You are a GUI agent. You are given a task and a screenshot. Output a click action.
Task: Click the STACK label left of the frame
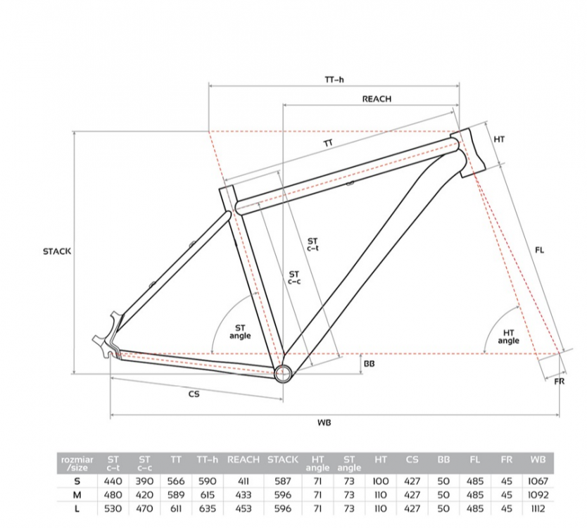(57, 251)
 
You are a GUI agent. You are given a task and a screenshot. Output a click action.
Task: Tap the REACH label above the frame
(377, 99)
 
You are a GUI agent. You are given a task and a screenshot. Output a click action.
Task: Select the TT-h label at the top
(334, 80)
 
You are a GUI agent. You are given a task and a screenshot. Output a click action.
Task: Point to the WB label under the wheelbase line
(324, 422)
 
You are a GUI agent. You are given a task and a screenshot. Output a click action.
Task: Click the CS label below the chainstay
(194, 394)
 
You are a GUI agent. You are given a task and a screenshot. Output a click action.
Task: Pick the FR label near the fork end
(560, 381)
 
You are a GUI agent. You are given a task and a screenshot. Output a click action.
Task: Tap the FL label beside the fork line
(539, 250)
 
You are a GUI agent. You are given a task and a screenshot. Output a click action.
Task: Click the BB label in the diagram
(369, 363)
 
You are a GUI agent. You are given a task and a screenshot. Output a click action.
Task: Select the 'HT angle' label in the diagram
(508, 337)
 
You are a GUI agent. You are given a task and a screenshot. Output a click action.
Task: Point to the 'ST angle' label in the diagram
(240, 332)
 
